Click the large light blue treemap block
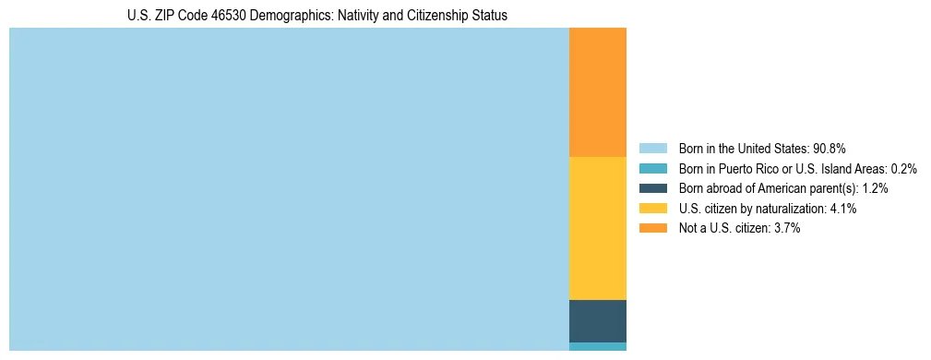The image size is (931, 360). pyautogui.click(x=289, y=189)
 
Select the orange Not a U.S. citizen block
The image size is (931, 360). pyautogui.click(x=597, y=92)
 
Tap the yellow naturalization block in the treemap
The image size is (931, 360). pyautogui.click(x=597, y=228)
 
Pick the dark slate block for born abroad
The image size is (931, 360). pyautogui.click(x=597, y=321)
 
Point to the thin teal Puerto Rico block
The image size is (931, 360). pyautogui.click(x=597, y=347)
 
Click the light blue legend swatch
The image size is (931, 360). pyautogui.click(x=652, y=148)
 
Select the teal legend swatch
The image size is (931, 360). pyautogui.click(x=652, y=168)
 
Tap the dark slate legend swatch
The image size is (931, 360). pyautogui.click(x=652, y=188)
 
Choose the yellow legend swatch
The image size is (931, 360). pyautogui.click(x=652, y=209)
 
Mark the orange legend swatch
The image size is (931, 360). pyautogui.click(x=652, y=229)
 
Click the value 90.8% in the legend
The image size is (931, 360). pyautogui.click(x=830, y=148)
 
